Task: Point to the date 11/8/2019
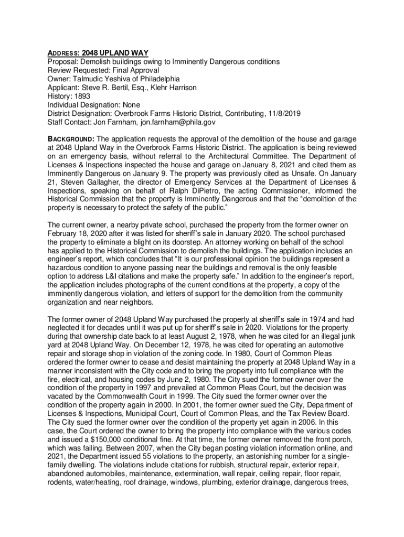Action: [284, 113]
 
